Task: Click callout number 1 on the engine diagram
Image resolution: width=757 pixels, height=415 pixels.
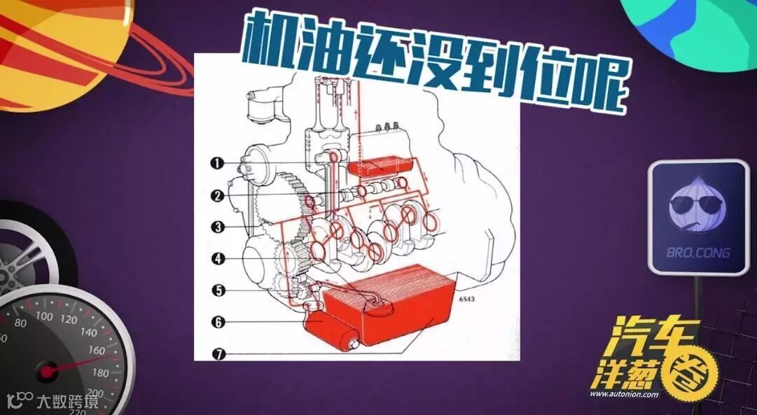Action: click(217, 163)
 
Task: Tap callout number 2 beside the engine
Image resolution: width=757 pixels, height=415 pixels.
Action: click(217, 195)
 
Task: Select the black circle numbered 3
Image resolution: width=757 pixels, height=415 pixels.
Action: click(218, 227)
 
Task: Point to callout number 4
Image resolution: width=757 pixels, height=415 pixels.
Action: click(218, 259)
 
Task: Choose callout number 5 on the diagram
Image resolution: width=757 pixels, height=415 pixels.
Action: click(218, 290)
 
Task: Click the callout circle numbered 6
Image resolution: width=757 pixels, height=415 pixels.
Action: click(218, 322)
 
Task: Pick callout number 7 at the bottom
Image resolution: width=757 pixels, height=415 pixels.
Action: click(218, 353)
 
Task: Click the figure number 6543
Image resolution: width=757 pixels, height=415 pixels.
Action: click(466, 300)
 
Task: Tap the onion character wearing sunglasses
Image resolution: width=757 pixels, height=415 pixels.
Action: click(697, 204)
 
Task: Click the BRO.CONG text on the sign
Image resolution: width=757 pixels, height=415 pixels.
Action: click(698, 253)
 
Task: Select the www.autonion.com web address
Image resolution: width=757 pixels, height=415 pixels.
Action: click(623, 394)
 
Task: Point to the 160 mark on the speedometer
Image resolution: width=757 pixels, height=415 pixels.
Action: click(97, 351)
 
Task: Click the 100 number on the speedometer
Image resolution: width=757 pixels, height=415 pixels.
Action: click(44, 316)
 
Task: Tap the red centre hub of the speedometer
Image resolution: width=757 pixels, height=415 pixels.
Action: click(48, 372)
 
